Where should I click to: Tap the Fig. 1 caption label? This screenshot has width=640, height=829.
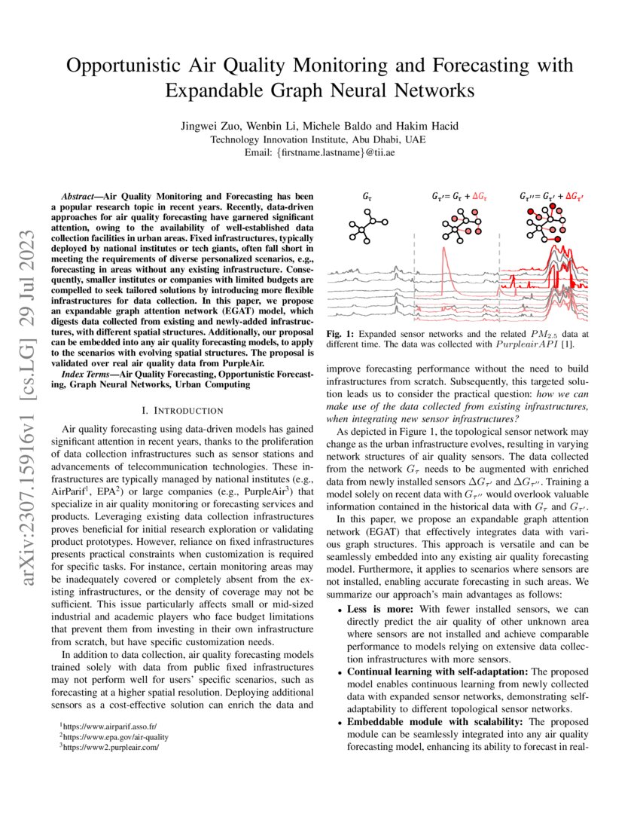(x=338, y=332)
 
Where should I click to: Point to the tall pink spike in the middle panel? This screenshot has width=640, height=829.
(x=445, y=260)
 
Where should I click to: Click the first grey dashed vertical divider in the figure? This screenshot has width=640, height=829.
(x=414, y=271)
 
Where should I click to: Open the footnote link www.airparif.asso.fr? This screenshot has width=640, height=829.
(x=110, y=725)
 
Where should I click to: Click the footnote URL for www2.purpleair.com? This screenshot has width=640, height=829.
(x=112, y=748)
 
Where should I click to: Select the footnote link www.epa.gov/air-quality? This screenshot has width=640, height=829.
(x=116, y=736)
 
